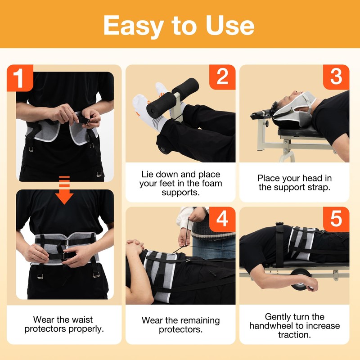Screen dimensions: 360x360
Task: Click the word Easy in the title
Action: (135, 25)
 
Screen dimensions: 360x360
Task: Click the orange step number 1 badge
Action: (19, 78)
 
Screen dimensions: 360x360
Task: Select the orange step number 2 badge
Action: (222, 77)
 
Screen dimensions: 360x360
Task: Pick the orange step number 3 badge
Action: (336, 77)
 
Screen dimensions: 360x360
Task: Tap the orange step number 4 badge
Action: (222, 219)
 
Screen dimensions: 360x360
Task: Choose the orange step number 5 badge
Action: (336, 219)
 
